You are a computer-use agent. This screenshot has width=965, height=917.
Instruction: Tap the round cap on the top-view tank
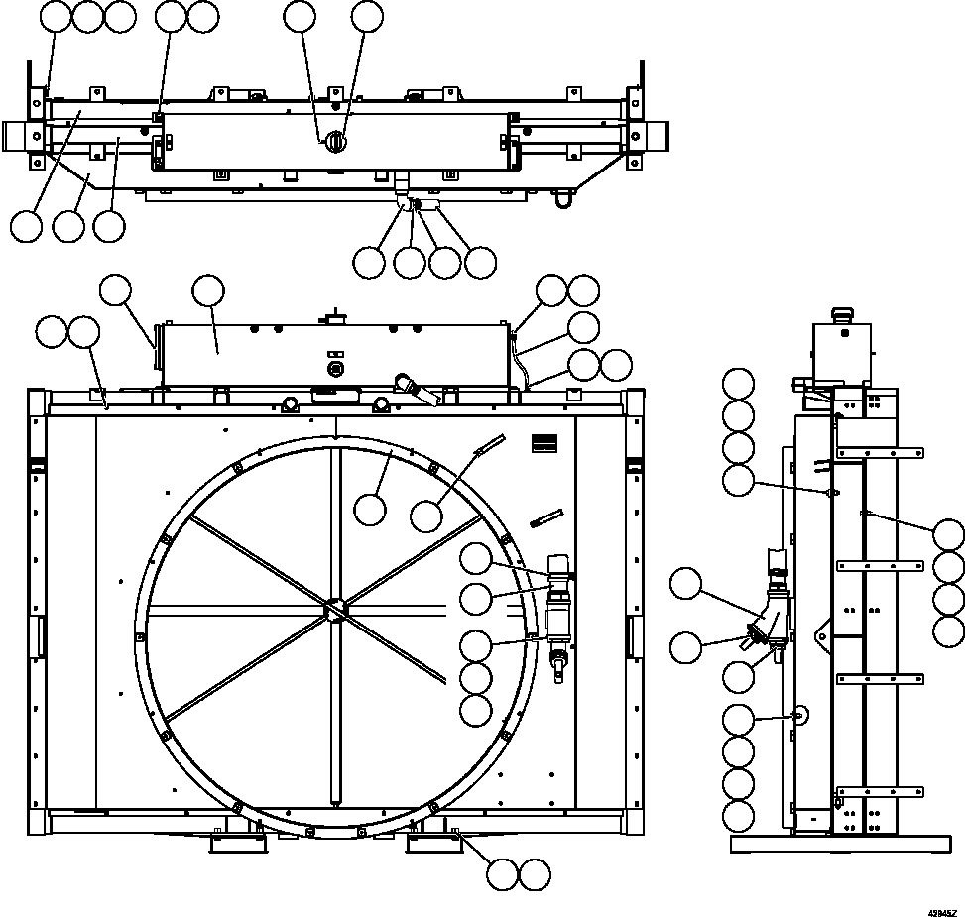[x=335, y=142]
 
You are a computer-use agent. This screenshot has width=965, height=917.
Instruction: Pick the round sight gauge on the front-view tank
[x=334, y=368]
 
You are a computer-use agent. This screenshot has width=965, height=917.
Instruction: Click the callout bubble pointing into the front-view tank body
[x=208, y=291]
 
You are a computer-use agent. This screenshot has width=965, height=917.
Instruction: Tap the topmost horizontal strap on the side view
[x=872, y=453]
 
